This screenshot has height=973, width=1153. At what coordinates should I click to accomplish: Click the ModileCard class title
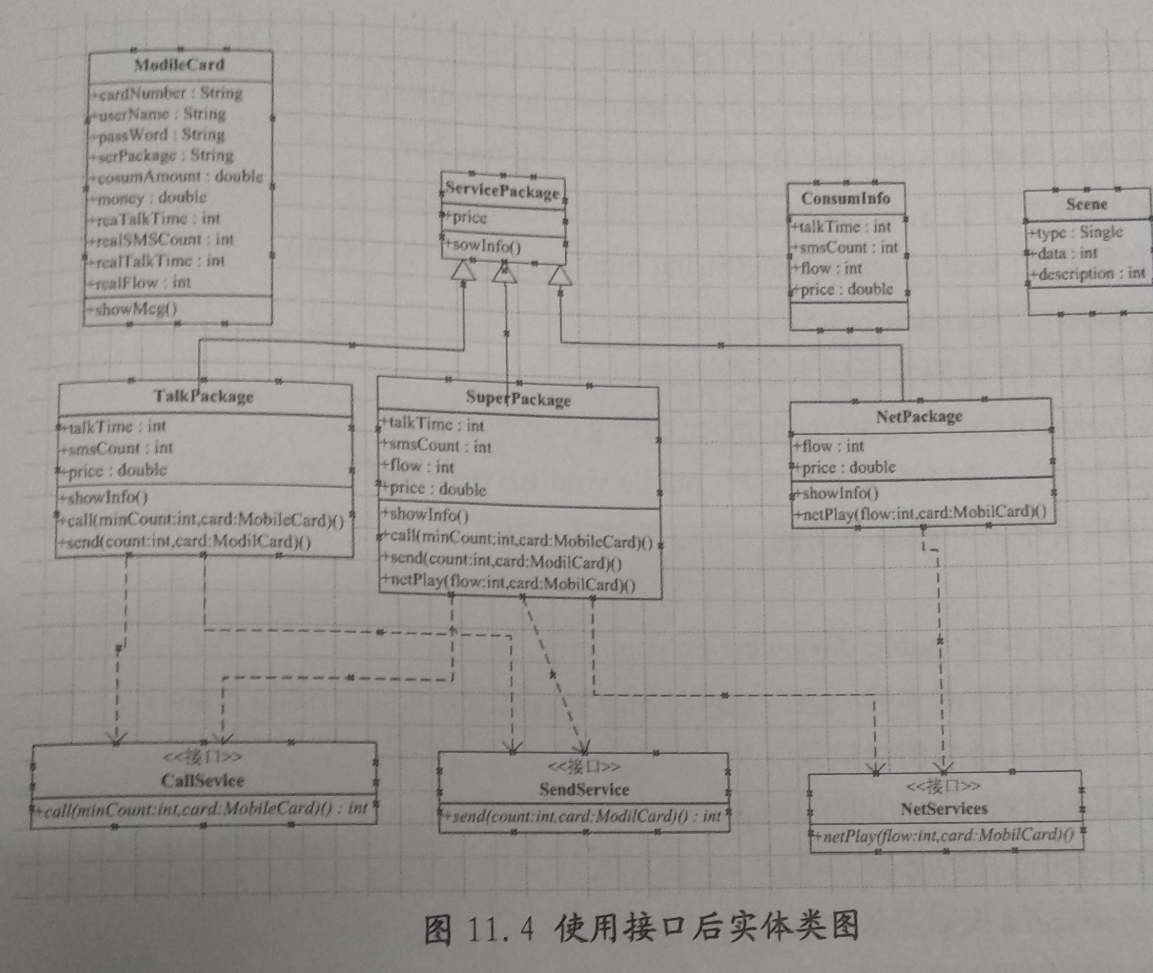point(179,65)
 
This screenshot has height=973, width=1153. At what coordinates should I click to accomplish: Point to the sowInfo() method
point(485,245)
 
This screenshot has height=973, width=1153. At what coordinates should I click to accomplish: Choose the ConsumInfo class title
point(846,198)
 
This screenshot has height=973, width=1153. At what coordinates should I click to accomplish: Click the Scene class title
point(1086,205)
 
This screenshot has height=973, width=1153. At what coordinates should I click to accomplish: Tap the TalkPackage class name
point(203,396)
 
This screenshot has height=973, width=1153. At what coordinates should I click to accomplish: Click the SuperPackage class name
point(518,399)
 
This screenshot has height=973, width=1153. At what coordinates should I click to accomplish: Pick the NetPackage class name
point(919,416)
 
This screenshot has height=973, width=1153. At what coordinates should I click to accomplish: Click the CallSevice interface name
point(202,780)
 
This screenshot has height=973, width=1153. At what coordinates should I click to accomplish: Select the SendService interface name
point(584,790)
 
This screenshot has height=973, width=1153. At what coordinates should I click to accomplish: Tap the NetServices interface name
point(944,809)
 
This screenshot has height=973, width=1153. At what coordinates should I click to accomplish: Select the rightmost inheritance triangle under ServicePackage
point(560,276)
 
